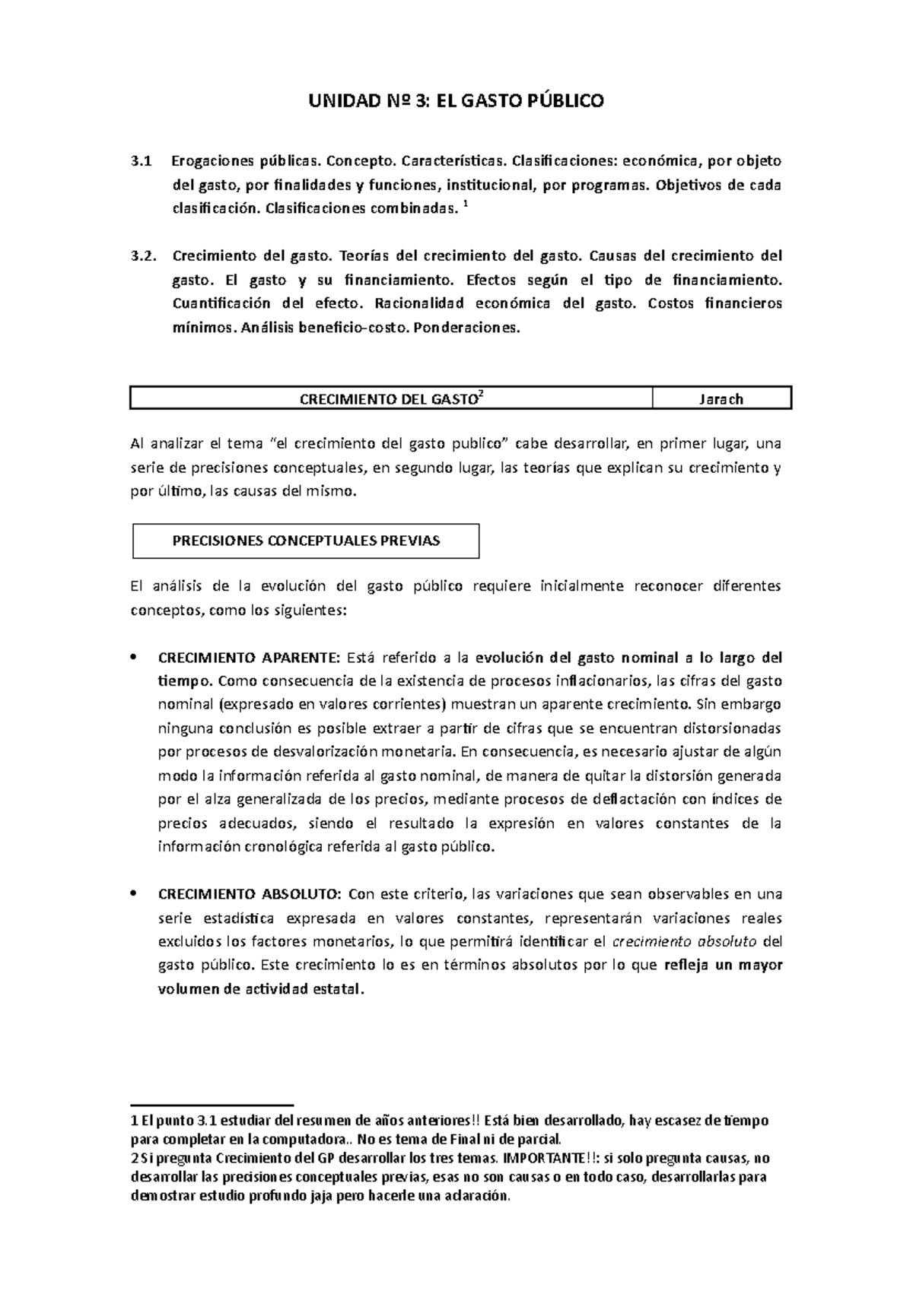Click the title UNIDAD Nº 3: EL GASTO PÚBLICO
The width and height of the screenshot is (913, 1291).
[456, 100]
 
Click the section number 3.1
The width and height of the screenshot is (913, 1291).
[142, 161]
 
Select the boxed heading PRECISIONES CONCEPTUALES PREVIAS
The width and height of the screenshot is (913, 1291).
[306, 541]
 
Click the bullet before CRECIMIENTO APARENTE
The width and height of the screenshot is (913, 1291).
[135, 658]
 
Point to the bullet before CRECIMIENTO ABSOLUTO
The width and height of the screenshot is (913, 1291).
[135, 893]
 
